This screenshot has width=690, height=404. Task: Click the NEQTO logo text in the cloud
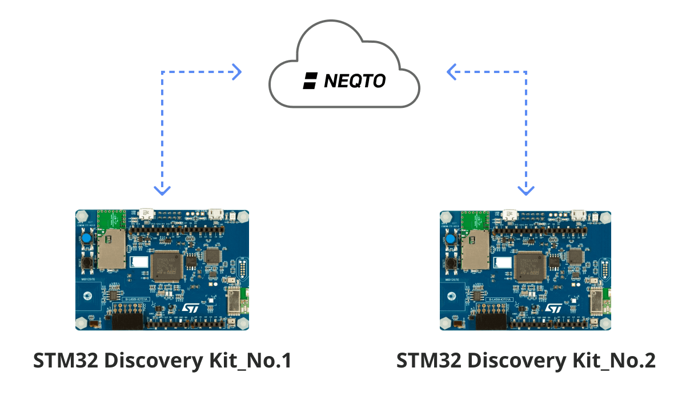click(355, 81)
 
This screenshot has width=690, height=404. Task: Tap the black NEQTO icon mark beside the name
click(310, 81)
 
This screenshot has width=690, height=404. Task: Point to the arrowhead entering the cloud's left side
click(236, 72)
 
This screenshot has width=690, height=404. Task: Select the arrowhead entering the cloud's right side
click(452, 72)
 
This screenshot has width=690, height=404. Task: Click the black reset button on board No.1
click(87, 262)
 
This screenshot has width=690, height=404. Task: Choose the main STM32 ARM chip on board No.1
click(166, 266)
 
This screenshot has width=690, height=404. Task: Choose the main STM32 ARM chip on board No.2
click(529, 266)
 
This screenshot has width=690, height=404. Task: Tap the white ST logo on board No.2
click(553, 308)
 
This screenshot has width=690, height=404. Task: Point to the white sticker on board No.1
click(140, 262)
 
